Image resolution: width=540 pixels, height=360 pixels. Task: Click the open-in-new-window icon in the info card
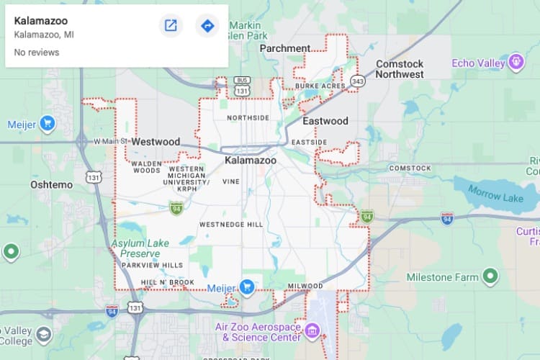(x=171, y=26)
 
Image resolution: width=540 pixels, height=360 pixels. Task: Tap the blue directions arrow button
(x=207, y=26)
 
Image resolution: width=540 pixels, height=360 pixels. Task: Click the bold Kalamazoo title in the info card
(x=41, y=21)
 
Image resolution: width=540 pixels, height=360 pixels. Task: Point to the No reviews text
(x=37, y=53)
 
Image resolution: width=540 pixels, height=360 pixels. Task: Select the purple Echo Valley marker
(x=516, y=63)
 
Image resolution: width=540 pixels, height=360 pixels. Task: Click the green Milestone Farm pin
(x=490, y=276)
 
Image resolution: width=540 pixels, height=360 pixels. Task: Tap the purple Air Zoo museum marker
(x=312, y=331)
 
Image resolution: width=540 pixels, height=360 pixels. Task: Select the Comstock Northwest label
(x=400, y=69)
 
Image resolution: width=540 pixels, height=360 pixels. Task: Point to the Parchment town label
(x=285, y=48)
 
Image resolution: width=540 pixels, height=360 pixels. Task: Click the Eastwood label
(x=325, y=121)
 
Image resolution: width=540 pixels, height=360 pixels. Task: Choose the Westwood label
(x=156, y=142)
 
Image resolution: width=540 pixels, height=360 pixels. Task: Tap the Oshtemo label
(x=51, y=185)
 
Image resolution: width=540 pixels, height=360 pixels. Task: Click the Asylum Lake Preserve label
(x=140, y=248)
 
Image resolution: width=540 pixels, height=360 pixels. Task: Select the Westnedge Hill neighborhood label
(x=231, y=225)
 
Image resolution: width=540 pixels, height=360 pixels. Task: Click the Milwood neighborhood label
(x=305, y=286)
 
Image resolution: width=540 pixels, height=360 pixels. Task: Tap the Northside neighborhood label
(x=248, y=117)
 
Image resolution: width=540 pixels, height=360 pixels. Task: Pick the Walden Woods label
(x=146, y=167)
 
